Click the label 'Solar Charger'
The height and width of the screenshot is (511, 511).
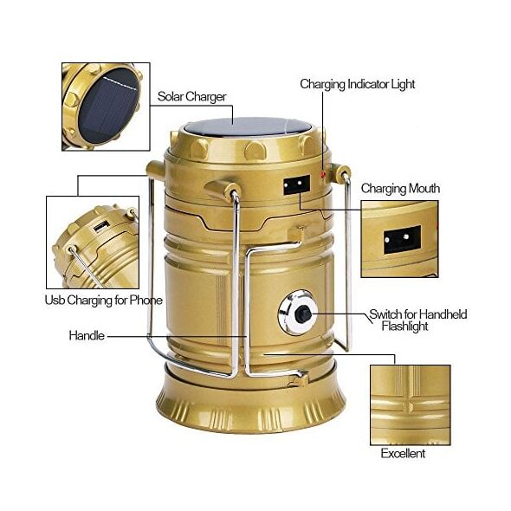tap(191, 97)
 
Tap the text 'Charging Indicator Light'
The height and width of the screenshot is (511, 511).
tap(358, 84)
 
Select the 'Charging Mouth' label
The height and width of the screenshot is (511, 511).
tap(400, 188)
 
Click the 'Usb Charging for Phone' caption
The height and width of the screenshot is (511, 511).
tap(104, 301)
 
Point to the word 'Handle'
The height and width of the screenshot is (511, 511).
tap(87, 335)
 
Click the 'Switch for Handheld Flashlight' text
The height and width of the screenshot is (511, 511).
tap(418, 320)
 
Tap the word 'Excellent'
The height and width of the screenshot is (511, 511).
tap(403, 453)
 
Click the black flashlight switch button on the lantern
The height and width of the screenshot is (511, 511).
tap(303, 314)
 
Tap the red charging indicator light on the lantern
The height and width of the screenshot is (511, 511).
tap(323, 175)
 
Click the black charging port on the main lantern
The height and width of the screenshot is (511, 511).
tap(296, 184)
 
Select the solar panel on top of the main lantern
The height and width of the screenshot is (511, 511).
tap(248, 126)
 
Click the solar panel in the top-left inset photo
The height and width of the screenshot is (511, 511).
tap(108, 107)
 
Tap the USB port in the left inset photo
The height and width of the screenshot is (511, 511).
tap(101, 226)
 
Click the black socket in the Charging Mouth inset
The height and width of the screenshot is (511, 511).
tap(402, 239)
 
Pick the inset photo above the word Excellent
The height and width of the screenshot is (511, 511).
tap(411, 405)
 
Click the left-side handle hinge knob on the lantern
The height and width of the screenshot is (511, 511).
tap(155, 171)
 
